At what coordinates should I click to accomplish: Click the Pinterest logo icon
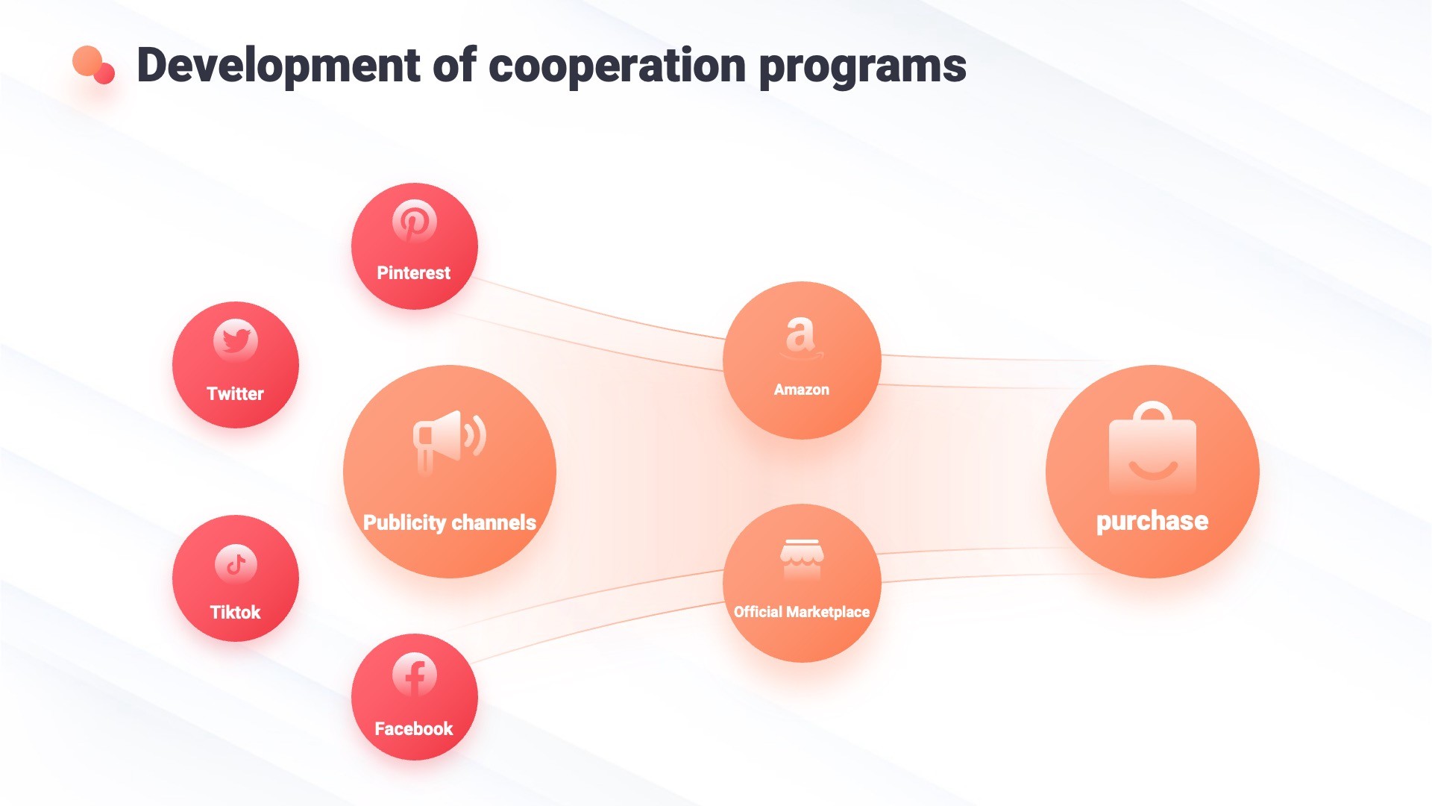(415, 221)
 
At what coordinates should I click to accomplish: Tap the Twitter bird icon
(236, 341)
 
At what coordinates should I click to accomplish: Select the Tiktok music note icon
(236, 564)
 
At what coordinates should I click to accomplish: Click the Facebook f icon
(415, 675)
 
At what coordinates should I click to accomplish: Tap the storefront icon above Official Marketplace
(802, 558)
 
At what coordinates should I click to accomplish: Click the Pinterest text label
(414, 273)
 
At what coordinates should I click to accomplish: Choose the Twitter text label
(235, 393)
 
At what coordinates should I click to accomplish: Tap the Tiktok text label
(235, 613)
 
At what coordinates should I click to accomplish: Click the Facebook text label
(414, 729)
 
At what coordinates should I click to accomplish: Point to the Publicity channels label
(450, 522)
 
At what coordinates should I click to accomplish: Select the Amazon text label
(802, 390)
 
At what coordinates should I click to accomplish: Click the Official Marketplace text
(802, 612)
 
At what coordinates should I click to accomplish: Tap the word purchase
(1152, 521)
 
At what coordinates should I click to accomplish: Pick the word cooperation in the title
(617, 66)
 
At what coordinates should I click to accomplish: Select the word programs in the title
(862, 66)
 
